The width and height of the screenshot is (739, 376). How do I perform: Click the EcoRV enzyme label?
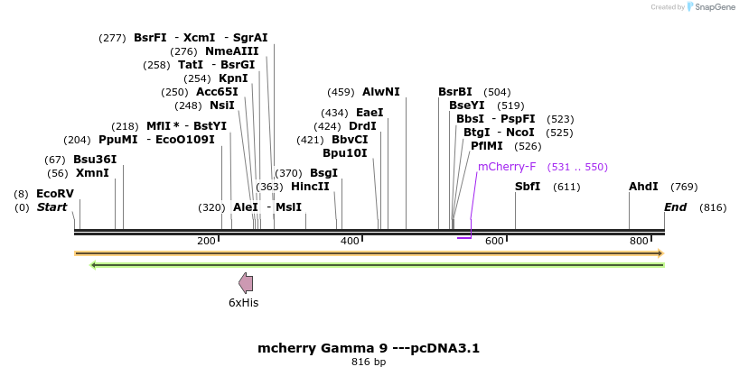point(54,194)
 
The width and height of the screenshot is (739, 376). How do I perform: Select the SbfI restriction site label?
point(528,187)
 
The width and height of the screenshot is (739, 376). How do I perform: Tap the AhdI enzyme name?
point(643,187)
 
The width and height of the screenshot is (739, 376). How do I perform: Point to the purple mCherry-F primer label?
point(507,167)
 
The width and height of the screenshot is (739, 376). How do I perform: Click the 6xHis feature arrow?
point(245,282)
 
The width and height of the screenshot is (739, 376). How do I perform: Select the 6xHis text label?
point(244,303)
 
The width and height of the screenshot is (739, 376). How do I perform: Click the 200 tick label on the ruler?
point(206,241)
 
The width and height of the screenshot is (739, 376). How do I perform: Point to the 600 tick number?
point(494,241)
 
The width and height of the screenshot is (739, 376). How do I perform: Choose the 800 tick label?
point(639,241)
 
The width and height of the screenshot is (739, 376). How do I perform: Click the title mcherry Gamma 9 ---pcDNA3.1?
point(369,348)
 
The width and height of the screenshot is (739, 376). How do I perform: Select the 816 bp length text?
point(369,362)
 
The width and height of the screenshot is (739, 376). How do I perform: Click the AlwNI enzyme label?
point(380,92)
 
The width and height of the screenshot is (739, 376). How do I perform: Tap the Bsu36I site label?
point(95,160)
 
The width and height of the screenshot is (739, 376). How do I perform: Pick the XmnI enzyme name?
point(92,173)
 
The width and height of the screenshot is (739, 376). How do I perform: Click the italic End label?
point(676,207)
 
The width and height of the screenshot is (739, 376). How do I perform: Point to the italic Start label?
point(52,207)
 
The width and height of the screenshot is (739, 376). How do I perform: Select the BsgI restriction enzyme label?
point(323,173)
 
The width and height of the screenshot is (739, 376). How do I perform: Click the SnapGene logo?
point(711,7)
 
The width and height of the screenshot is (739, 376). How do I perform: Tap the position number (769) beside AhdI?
point(684,187)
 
